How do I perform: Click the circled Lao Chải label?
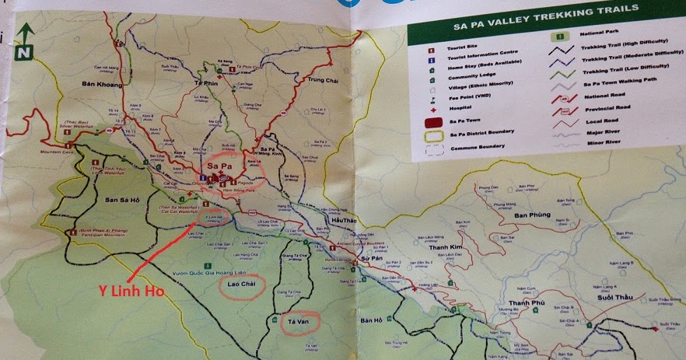240,284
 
